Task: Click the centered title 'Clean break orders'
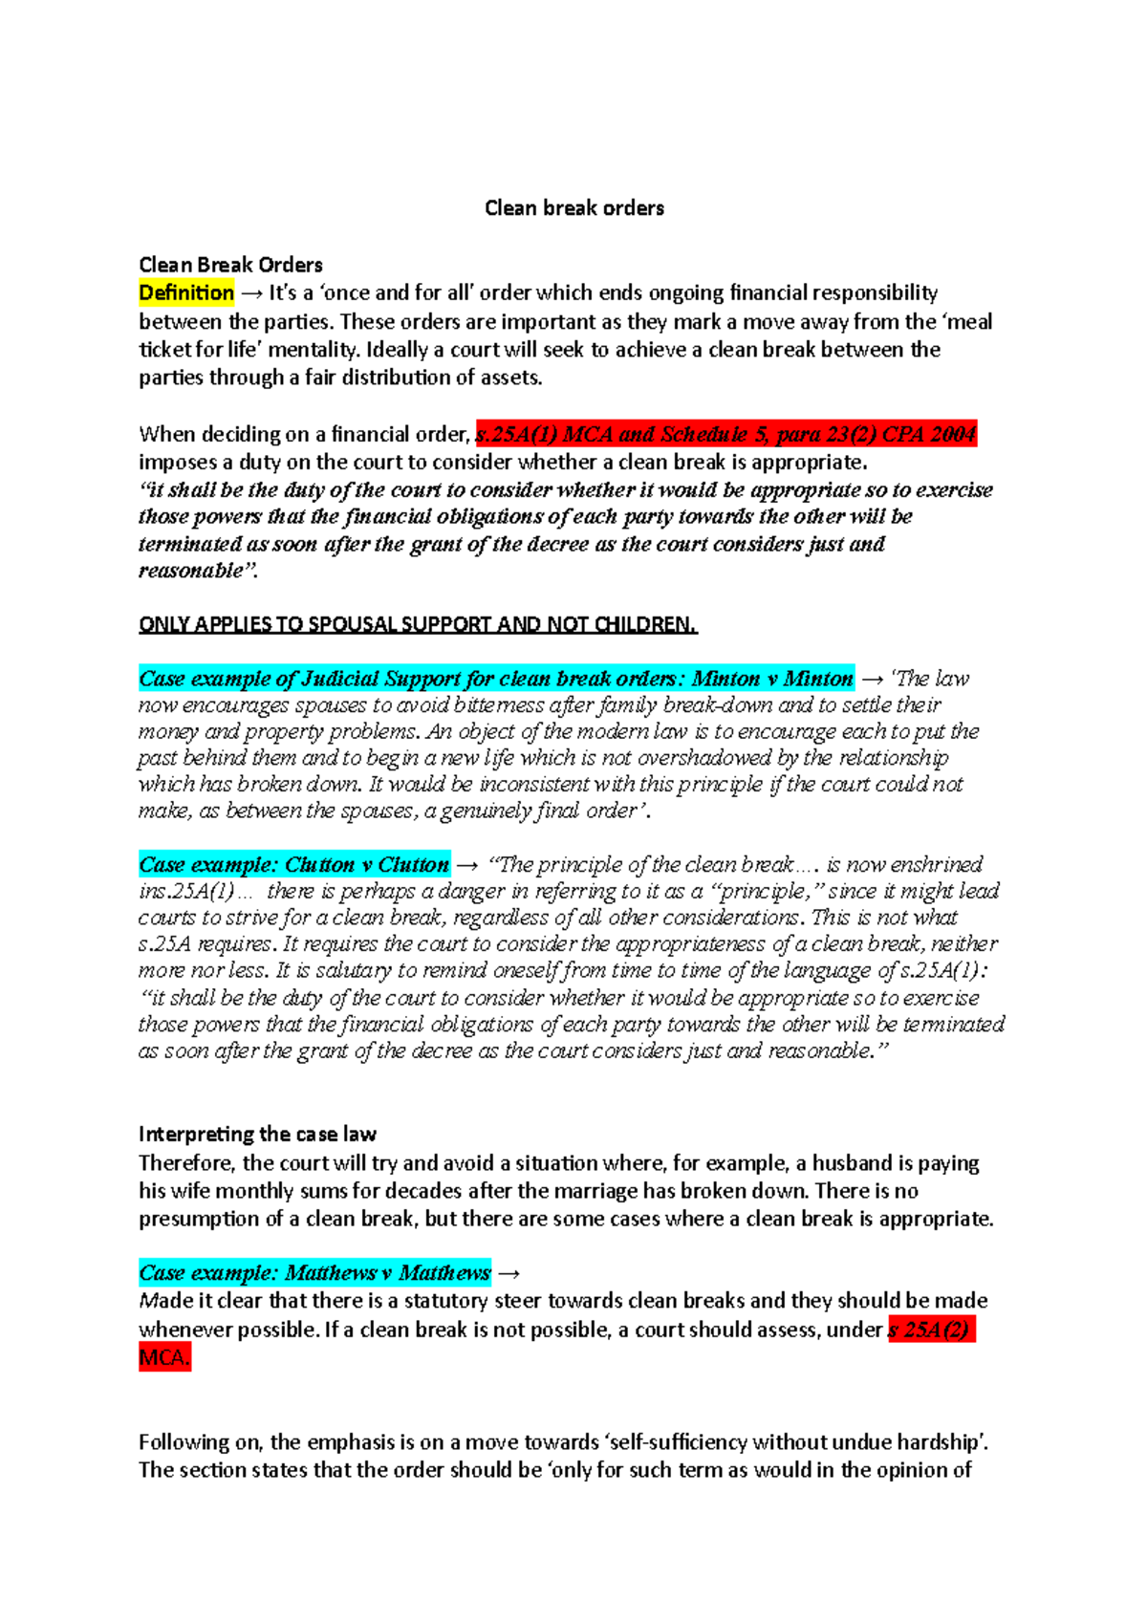[x=574, y=207]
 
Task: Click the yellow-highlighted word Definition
[x=186, y=292]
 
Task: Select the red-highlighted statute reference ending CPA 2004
[x=725, y=434]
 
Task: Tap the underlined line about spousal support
[x=418, y=624]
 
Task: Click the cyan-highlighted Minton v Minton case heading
[x=496, y=679]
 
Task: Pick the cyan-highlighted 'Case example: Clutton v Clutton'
[x=293, y=864]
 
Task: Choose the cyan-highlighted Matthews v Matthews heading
[x=314, y=1272]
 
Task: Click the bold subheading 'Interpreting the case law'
[x=257, y=1134]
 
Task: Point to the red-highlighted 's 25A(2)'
[x=930, y=1329]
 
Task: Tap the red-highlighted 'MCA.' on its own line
[x=164, y=1356]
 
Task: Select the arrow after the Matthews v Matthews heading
[x=509, y=1273]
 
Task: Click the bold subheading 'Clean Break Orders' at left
[x=230, y=265]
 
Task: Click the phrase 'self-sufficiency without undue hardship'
[x=802, y=1441]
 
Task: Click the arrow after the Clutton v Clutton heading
[x=466, y=865]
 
